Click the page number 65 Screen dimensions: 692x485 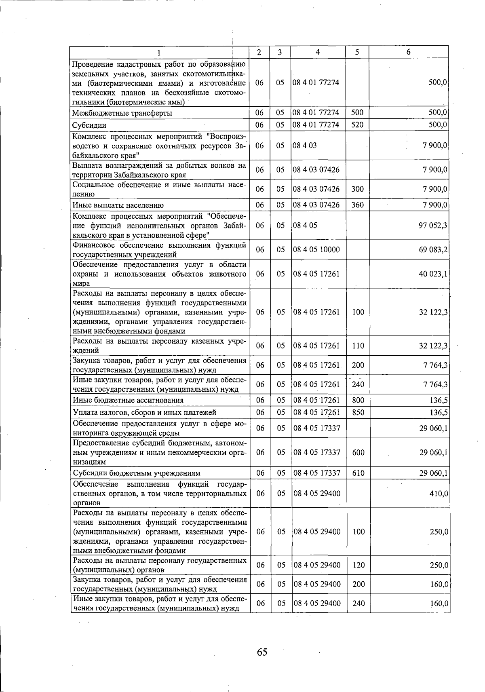tap(262, 652)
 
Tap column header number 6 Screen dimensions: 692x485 tap(409, 52)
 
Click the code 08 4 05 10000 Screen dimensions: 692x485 tap(316, 250)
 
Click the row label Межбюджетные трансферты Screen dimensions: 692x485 tap(122, 113)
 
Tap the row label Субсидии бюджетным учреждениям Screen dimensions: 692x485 tap(136, 473)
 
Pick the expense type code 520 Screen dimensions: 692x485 tap(357, 125)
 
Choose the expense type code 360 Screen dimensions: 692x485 tap(357, 205)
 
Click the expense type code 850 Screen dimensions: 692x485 tap(358, 412)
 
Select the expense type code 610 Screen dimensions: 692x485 tap(358, 473)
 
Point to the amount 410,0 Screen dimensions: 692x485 tap(439, 494)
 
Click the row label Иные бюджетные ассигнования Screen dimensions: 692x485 tap(128, 401)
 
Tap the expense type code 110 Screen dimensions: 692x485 tap(358, 346)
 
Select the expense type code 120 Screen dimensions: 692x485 tap(358, 565)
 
